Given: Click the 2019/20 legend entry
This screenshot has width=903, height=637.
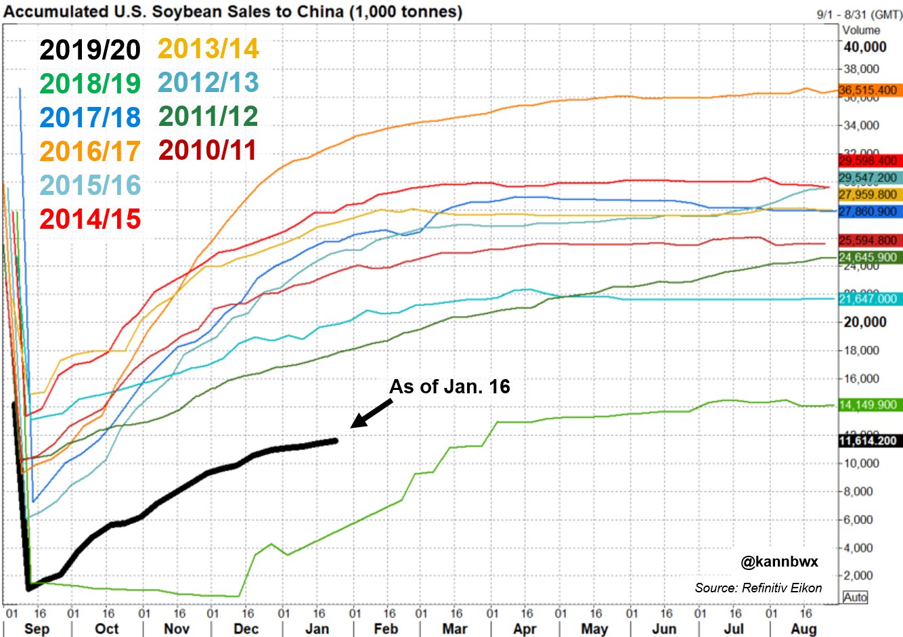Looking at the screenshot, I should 89,50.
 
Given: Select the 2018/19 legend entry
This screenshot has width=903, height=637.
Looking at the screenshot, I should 89,84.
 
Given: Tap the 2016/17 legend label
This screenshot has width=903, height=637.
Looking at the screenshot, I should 89,151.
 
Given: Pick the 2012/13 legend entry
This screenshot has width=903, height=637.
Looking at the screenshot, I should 208,83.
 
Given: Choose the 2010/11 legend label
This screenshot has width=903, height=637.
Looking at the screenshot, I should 208,150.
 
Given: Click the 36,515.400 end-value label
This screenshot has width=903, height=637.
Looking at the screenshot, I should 868,90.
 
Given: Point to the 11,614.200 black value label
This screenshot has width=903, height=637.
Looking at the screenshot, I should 868,441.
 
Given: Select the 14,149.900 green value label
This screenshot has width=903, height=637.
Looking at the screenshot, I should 868,405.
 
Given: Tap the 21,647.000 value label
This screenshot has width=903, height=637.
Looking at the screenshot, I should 868,299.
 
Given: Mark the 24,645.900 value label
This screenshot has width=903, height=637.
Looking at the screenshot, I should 868,257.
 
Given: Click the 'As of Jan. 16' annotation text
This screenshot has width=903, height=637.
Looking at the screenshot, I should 449,387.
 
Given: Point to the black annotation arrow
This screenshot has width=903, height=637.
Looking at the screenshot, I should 371,414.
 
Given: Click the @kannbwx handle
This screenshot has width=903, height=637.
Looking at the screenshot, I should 779,562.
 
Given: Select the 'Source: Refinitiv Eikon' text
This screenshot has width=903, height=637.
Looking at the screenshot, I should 758,588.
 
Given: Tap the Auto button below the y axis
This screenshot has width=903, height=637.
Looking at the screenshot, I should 856,597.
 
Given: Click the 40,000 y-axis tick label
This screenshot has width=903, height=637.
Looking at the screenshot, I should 864,47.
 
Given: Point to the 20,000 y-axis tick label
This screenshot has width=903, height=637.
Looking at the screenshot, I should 864,322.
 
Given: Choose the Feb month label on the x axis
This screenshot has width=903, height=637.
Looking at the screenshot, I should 386,628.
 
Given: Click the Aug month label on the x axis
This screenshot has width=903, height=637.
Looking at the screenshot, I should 803,628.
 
